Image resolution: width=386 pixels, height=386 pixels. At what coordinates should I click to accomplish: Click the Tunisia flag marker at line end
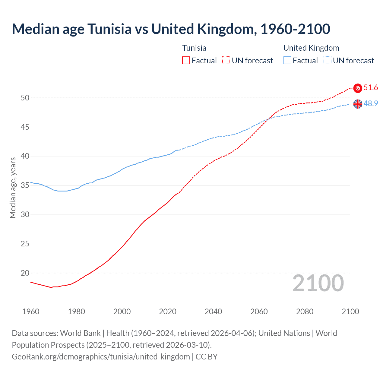(358, 88)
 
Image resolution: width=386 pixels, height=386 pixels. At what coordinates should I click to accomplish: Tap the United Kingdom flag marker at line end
(358, 104)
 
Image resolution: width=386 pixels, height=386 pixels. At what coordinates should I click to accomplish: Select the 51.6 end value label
(371, 88)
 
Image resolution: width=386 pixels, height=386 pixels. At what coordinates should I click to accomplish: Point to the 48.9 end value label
(371, 103)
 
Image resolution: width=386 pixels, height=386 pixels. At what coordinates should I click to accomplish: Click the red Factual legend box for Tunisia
(186, 61)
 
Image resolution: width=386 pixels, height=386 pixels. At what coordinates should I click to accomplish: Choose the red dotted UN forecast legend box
(226, 61)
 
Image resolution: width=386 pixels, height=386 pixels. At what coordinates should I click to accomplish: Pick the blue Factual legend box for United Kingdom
(287, 61)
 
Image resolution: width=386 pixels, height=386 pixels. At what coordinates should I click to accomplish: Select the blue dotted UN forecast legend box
(327, 61)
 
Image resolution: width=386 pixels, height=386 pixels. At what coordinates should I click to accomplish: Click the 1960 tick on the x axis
(31, 312)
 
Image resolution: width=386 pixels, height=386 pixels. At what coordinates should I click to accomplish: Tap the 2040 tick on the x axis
(213, 312)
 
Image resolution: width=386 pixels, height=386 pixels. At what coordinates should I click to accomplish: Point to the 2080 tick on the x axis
(305, 312)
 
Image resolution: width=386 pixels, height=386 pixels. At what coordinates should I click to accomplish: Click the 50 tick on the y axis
(25, 98)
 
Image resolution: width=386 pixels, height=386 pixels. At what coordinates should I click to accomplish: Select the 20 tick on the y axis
(25, 273)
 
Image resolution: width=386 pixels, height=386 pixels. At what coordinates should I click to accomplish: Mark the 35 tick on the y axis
(25, 185)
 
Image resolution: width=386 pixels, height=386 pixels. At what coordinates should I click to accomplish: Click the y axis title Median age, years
(13, 188)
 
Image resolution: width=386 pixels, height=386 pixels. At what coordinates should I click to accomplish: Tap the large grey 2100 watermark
(318, 283)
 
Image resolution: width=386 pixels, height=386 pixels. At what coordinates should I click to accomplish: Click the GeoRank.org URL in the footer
(101, 357)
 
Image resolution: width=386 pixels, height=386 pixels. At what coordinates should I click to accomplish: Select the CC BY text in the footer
(207, 357)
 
